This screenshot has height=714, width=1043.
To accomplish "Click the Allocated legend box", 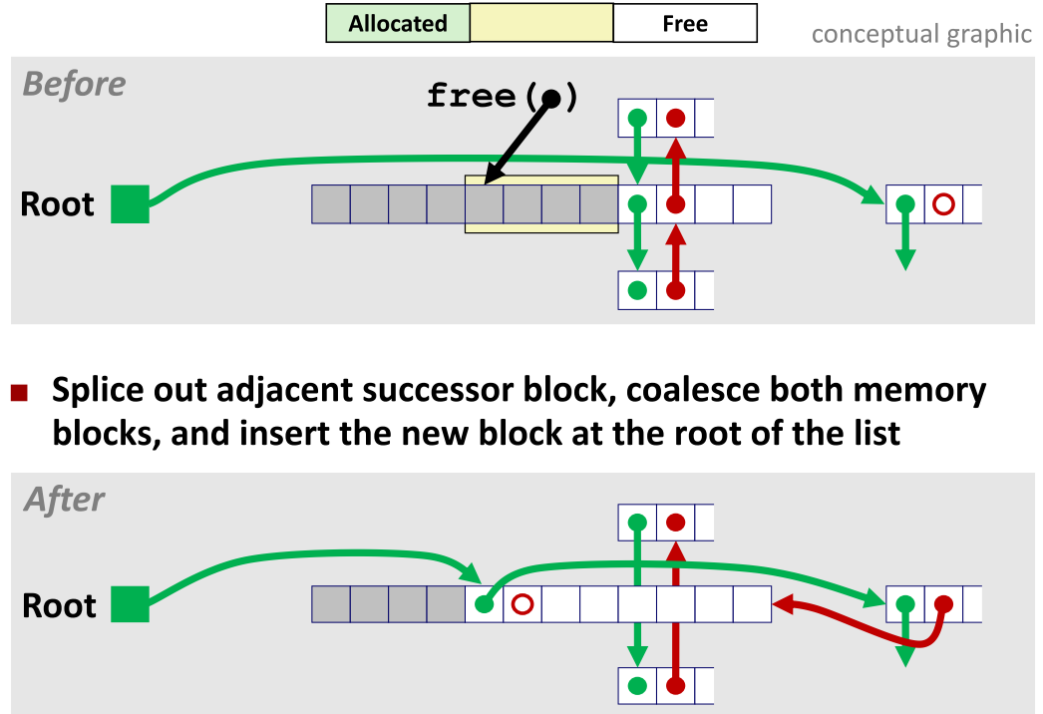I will point(398,24).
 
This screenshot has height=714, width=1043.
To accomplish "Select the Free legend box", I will point(684,24).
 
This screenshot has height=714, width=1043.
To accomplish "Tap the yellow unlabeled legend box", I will point(540,24).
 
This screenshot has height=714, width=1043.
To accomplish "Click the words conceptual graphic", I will point(920,34).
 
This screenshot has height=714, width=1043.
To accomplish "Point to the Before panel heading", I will point(74,84).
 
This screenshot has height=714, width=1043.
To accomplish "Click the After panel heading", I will point(64,499).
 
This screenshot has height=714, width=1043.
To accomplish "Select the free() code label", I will point(502,96).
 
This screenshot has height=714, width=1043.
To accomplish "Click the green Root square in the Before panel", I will point(130,204).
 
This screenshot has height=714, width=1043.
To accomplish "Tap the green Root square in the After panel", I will point(130,603).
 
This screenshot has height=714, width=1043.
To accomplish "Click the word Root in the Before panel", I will point(58,204).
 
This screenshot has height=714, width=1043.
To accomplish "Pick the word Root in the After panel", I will point(59,605).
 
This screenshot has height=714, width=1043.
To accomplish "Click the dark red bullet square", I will point(20,393).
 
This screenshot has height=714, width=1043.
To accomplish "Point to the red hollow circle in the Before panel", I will point(943,205).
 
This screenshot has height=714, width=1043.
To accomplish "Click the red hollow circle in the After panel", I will point(521,604).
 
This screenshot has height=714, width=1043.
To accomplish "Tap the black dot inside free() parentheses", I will point(551,97).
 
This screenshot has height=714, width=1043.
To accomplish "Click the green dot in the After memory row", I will point(484,604).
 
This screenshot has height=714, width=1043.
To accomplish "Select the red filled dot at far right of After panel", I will point(943,603).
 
